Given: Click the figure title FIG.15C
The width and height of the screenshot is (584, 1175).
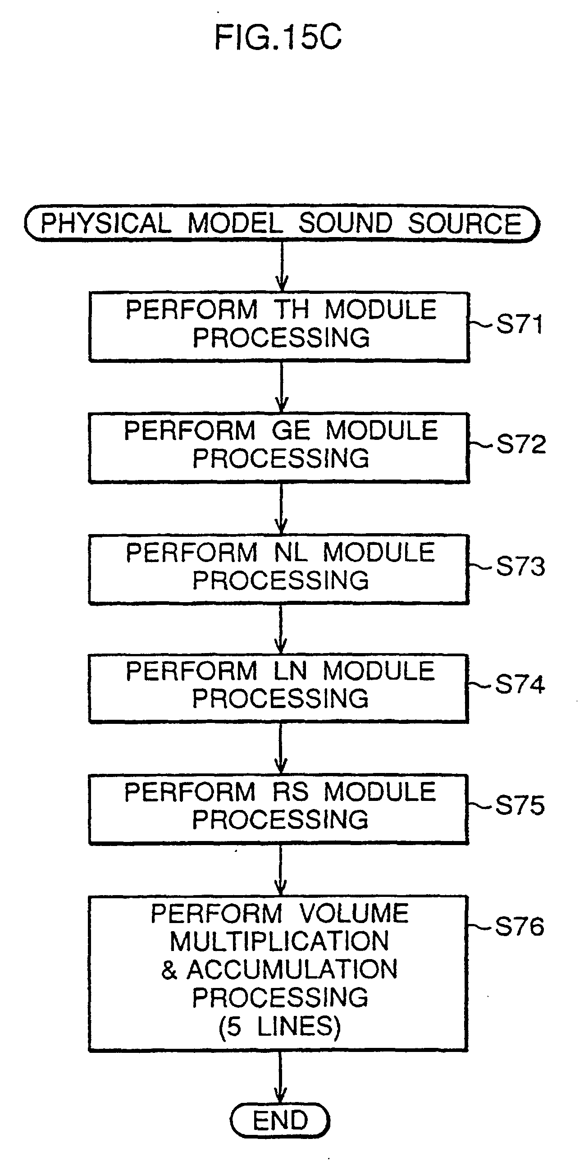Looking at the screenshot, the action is click(x=278, y=37).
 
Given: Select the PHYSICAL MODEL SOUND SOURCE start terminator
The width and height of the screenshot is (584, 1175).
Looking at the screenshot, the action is click(x=282, y=224).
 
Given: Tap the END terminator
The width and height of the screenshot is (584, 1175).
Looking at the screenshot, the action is click(x=280, y=1120).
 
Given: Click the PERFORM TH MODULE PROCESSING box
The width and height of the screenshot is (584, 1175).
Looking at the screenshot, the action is click(x=279, y=327).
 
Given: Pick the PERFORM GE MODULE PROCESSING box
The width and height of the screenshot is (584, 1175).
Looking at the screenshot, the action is click(x=279, y=448).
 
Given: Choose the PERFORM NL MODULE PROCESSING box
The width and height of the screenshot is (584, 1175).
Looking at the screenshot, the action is click(x=279, y=570).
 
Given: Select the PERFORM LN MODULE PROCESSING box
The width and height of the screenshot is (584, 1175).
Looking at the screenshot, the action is click(x=278, y=688).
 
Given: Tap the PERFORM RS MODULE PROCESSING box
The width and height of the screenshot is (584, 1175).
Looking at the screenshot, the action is click(x=278, y=809).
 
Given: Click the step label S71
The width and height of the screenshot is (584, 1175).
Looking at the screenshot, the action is click(x=520, y=325).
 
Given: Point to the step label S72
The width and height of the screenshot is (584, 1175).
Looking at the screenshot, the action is click(x=520, y=443).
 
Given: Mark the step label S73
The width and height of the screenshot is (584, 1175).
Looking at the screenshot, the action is click(x=520, y=566).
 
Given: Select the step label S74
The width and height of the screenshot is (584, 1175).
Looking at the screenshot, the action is click(x=520, y=684).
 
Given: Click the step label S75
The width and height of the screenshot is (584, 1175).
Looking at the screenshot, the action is click(x=520, y=805).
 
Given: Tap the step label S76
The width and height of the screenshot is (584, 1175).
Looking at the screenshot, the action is click(x=519, y=926).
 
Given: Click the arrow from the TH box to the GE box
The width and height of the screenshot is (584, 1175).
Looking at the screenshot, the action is click(x=281, y=388).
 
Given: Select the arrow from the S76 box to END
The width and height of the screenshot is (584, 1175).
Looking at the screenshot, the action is click(x=280, y=1078).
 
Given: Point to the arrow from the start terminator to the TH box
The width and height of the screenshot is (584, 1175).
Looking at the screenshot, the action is click(x=282, y=267).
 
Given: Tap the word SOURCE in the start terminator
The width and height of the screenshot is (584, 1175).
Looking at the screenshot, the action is click(x=465, y=224).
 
